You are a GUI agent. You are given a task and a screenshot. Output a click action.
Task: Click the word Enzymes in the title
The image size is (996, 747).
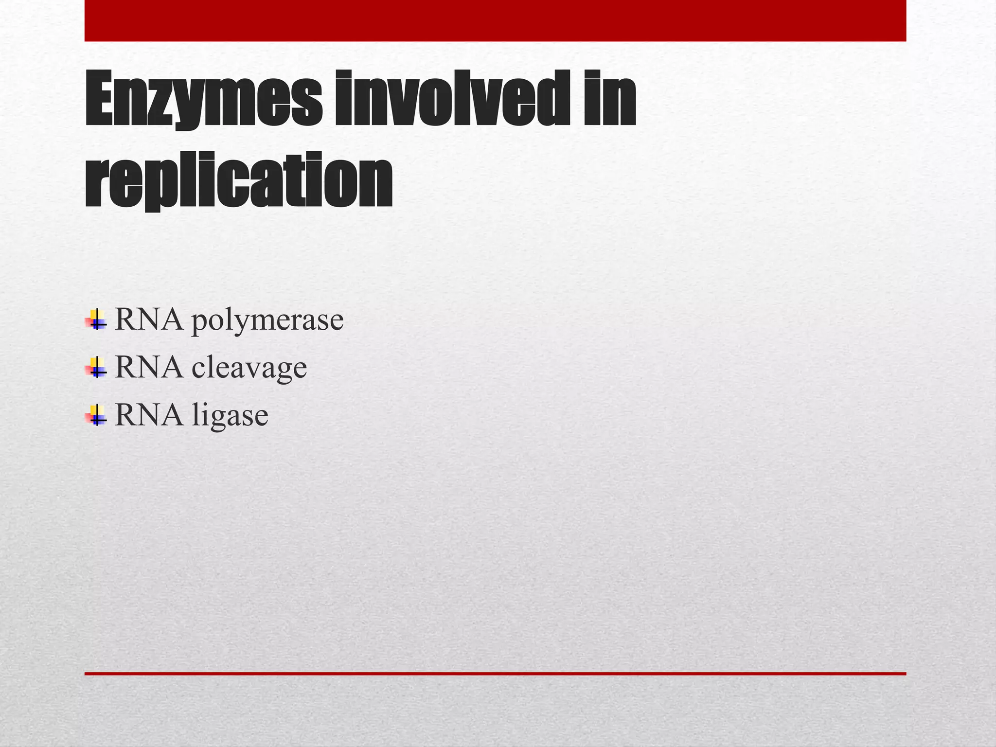[203, 100]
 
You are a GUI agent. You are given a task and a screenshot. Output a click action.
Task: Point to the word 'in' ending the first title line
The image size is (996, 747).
[610, 100]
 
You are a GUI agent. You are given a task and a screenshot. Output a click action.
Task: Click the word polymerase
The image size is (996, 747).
[267, 321]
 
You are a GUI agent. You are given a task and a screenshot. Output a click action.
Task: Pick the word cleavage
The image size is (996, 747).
[249, 368]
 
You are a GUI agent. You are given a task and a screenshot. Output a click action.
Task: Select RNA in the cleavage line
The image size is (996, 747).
[149, 368]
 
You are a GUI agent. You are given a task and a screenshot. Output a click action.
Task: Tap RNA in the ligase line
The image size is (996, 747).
[149, 415]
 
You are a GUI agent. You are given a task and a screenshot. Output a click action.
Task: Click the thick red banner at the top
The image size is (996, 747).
[495, 20]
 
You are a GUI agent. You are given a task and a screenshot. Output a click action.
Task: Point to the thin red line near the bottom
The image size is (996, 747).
[495, 674]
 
